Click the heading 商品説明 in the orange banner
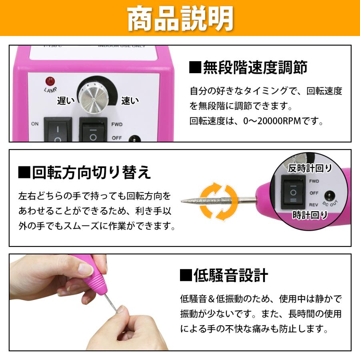[180, 18]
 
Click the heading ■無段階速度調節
[248, 67]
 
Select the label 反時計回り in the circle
[310, 168]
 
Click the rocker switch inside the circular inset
[294, 192]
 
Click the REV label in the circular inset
[314, 204]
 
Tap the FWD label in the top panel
[117, 124]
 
